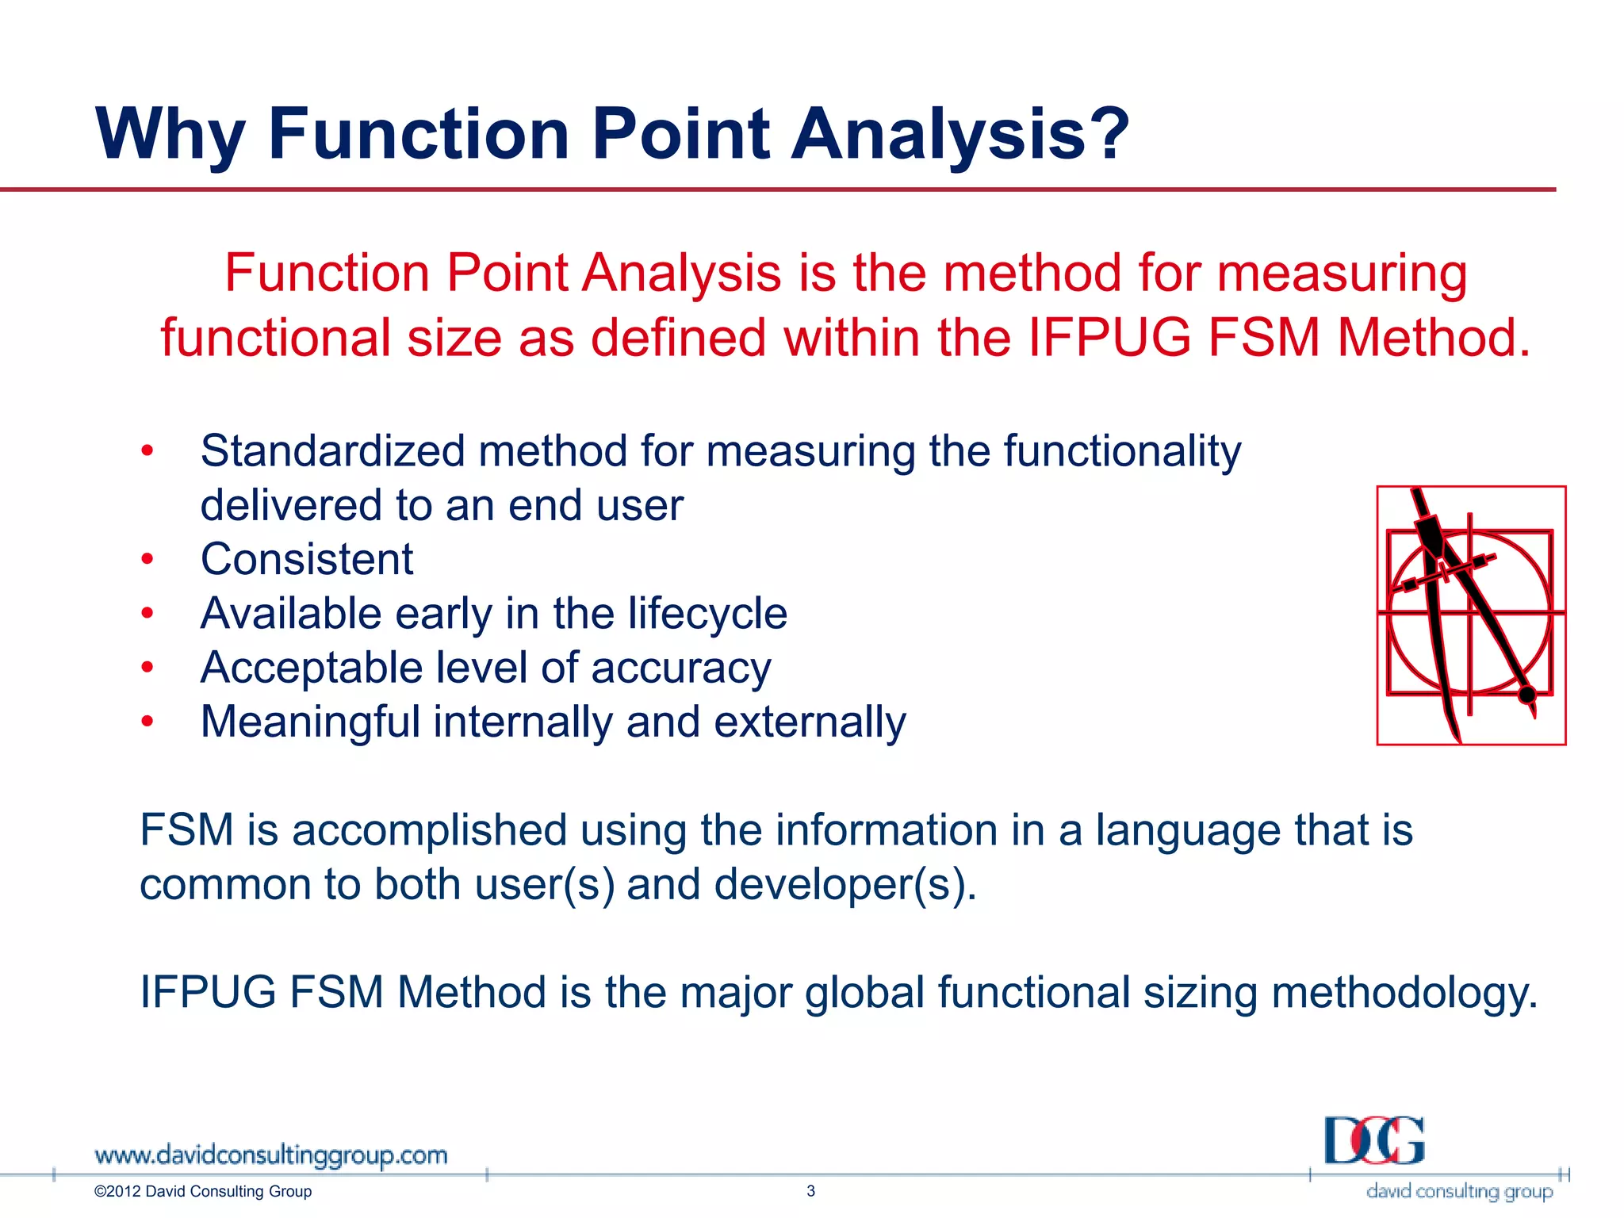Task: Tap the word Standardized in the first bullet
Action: point(332,451)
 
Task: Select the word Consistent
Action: point(307,559)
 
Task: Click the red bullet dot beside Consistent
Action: point(147,560)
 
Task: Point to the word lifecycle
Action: point(707,613)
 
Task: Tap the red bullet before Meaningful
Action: point(147,722)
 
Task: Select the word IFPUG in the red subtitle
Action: point(1109,338)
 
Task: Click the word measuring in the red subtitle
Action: point(1342,273)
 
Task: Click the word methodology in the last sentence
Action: point(1404,993)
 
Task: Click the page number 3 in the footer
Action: point(810,1190)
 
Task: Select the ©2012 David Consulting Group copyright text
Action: point(203,1191)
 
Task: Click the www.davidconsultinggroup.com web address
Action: point(270,1155)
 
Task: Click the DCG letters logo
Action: point(1373,1141)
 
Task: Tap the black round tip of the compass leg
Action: point(1526,695)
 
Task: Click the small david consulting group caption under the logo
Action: point(1459,1191)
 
